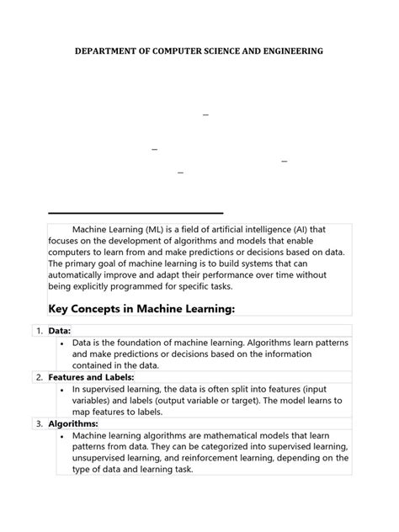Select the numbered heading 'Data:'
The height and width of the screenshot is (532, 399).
pos(60,331)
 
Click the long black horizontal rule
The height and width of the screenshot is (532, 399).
pos(136,212)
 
